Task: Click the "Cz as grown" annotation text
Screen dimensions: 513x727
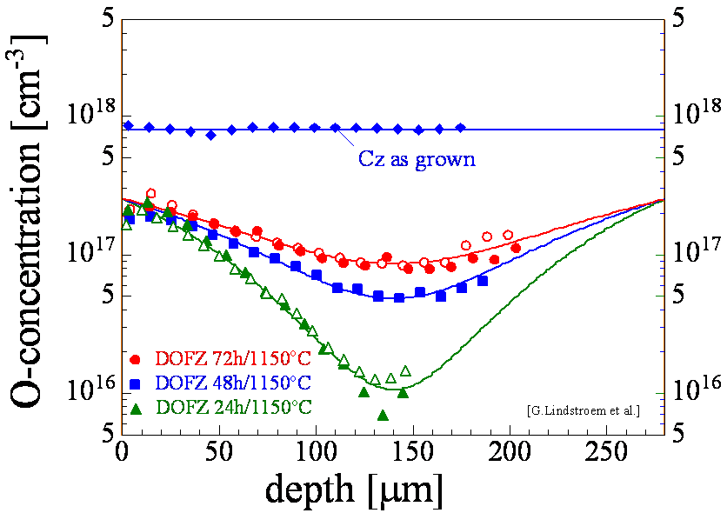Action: coord(417,160)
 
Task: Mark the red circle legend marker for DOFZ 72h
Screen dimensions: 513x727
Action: coord(136,359)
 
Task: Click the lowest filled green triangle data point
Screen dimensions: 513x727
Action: coord(383,416)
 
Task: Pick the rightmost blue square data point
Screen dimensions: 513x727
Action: coord(483,281)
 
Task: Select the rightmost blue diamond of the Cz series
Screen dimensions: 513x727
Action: coord(460,128)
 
